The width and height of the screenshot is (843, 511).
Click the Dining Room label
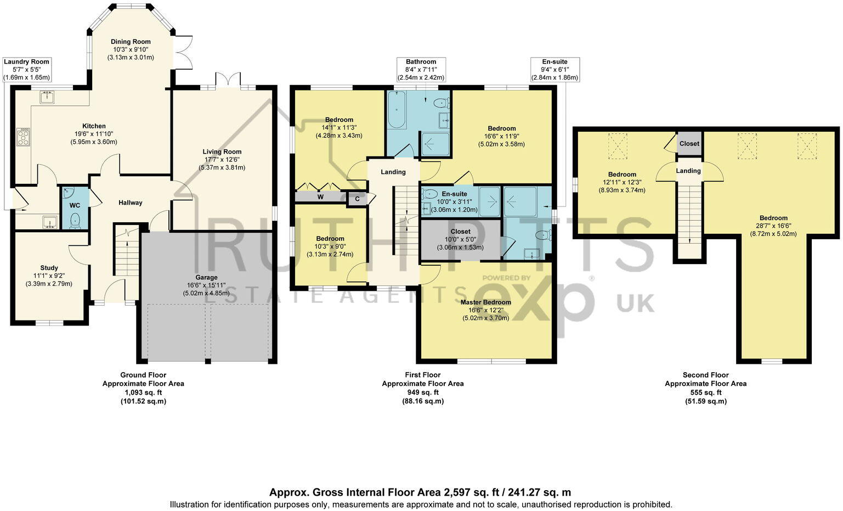click(131, 42)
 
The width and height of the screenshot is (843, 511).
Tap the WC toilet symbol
click(75, 221)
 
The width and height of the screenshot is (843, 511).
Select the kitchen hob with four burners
click(24, 137)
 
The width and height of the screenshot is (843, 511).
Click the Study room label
click(49, 268)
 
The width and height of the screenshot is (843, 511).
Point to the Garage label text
click(207, 277)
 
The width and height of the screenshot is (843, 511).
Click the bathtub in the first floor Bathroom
click(397, 110)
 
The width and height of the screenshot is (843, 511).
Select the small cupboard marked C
click(357, 199)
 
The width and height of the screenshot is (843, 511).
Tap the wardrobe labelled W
click(320, 196)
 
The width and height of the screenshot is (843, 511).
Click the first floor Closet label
click(460, 232)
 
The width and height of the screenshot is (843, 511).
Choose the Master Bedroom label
click(485, 302)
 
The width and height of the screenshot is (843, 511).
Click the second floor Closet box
click(689, 143)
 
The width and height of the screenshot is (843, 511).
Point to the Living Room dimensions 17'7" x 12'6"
click(222, 160)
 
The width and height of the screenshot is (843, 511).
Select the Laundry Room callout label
click(26, 62)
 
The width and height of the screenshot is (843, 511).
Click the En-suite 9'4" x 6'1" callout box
click(555, 70)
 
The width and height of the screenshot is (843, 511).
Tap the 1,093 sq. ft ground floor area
click(143, 392)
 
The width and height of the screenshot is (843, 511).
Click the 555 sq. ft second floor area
click(705, 392)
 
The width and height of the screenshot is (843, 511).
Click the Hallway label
click(130, 203)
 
